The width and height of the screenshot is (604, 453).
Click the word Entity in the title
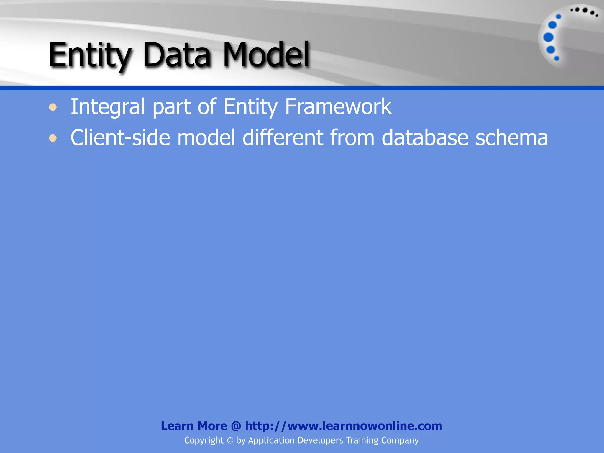[x=90, y=55]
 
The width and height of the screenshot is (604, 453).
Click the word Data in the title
[x=177, y=55]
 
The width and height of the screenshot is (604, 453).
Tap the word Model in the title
[x=266, y=55]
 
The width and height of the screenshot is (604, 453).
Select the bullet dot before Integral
[x=53, y=107]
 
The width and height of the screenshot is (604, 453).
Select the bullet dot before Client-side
[x=53, y=138]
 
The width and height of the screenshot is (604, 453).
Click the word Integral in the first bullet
[x=107, y=107]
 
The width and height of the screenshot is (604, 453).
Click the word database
[x=425, y=138]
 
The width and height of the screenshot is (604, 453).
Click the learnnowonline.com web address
[x=344, y=426]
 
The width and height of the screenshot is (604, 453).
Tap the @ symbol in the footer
[x=236, y=426]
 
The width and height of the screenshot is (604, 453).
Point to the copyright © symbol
[x=230, y=441]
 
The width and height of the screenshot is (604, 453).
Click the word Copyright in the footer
[x=204, y=441]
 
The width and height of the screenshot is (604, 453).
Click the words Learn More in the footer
[x=194, y=426]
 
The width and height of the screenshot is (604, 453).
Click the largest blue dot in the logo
[x=548, y=37]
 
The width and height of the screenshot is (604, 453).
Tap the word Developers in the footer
[x=320, y=441]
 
